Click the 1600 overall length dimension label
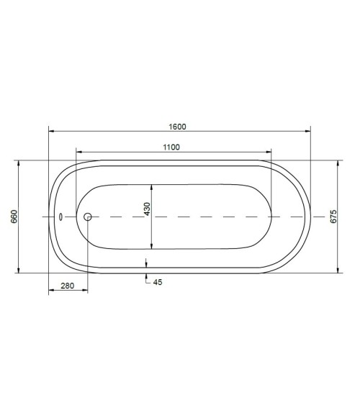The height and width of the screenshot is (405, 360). coord(177,127)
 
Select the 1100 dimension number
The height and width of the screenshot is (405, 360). coord(171,147)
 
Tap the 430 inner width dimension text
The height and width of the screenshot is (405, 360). coord(147,209)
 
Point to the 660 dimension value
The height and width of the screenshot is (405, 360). coord(14,217)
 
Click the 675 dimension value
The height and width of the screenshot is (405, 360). coord(333,217)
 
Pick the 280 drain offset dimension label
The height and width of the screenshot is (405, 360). coord(67,286)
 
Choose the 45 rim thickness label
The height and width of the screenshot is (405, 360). coord(158,282)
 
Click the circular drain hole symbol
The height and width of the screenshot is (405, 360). coord(88,217)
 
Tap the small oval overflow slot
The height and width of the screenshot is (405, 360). coord(60,217)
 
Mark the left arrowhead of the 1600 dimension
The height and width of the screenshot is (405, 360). coord(51,131)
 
